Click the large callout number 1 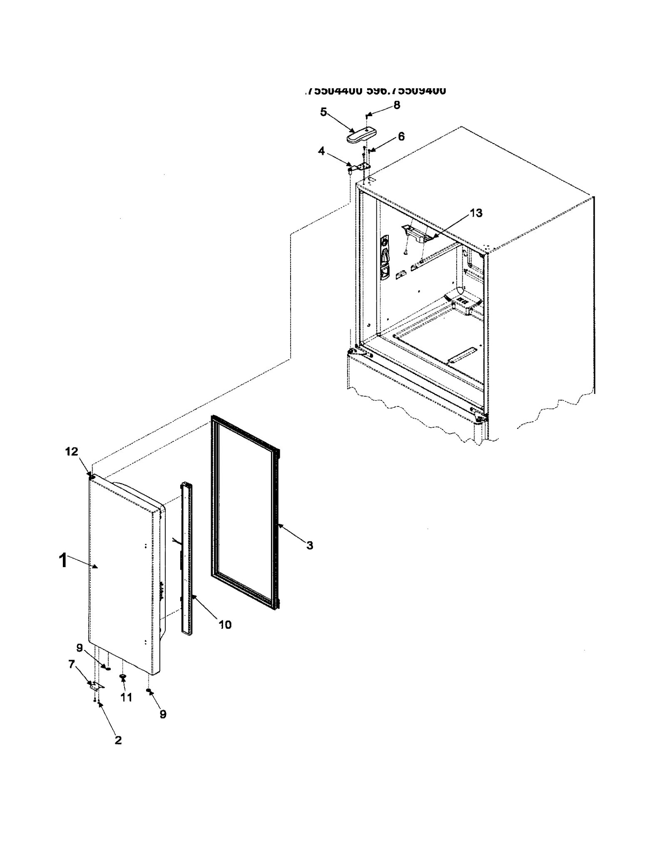click(x=63, y=560)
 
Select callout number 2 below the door click(x=118, y=740)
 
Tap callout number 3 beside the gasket click(x=310, y=545)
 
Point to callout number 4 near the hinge click(x=321, y=151)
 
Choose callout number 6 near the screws click(x=401, y=137)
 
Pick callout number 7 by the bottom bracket click(x=72, y=664)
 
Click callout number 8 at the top click(x=397, y=105)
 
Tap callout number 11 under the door click(x=127, y=697)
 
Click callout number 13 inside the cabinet click(x=476, y=213)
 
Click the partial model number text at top click(x=375, y=90)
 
